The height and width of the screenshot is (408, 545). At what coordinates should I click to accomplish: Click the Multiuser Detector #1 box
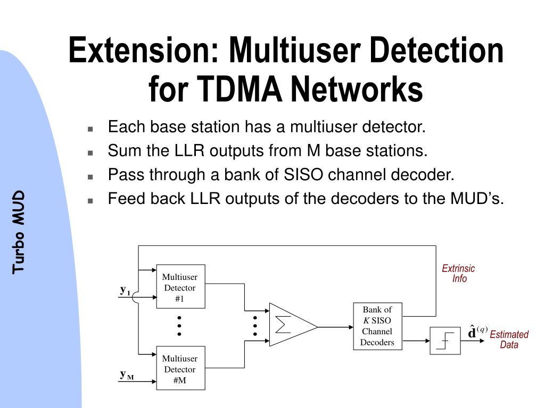(x=180, y=286)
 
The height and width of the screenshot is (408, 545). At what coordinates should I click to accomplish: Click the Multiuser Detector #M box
(x=180, y=368)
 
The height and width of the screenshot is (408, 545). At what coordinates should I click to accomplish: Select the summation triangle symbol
(x=291, y=325)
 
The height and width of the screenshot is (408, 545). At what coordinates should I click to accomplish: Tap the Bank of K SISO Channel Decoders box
(x=377, y=326)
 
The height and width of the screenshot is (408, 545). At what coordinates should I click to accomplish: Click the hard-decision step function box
(x=445, y=341)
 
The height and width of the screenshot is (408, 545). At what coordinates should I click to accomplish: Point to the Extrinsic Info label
(x=458, y=274)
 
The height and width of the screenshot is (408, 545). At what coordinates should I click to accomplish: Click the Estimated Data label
(x=509, y=339)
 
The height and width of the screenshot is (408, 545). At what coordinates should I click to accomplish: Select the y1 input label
(x=125, y=290)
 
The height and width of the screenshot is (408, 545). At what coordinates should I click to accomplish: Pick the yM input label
(x=126, y=375)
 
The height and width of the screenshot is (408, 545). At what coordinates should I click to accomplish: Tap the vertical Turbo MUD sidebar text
(x=19, y=232)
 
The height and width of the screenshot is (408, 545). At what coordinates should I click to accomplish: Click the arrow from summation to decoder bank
(x=335, y=327)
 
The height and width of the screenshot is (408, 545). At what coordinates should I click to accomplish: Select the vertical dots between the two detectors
(x=180, y=325)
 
